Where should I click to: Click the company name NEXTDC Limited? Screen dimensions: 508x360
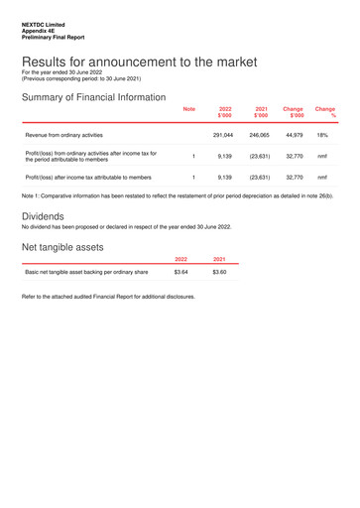click(x=43, y=25)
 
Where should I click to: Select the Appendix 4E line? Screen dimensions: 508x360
click(x=40, y=31)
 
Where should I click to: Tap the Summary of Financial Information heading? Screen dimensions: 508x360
click(x=93, y=97)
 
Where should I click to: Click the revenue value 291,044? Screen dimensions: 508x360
click(x=223, y=134)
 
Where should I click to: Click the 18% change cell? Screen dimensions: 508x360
click(x=322, y=134)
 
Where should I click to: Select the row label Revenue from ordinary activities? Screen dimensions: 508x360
click(x=64, y=134)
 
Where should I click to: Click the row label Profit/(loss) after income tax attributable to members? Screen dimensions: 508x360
click(x=88, y=178)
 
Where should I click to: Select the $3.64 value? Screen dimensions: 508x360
click(x=180, y=271)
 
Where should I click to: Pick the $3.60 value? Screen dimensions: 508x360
click(x=219, y=271)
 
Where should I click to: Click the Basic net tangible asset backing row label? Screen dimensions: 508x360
click(x=86, y=271)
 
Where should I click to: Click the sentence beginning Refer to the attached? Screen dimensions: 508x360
click(x=108, y=296)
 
